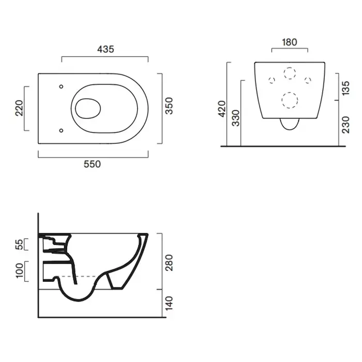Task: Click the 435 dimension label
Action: pos(105,49)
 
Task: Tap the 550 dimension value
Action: pos(92,164)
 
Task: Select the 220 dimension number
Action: pos(20,108)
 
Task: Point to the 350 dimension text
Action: pos(169,105)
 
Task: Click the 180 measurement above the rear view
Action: pos(290,42)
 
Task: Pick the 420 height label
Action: pos(222,109)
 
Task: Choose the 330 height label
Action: pos(236,118)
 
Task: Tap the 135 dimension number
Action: pos(345,88)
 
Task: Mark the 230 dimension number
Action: pos(345,125)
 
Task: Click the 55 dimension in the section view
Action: pos(20,245)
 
